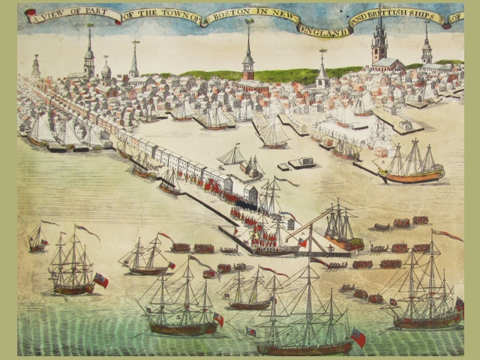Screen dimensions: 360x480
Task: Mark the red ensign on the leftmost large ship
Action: coord(100,280)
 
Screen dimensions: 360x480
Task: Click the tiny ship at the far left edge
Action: coord(36,240)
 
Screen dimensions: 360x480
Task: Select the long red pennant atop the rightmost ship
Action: coord(448,235)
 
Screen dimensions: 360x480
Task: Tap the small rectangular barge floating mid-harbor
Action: coord(301,162)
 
